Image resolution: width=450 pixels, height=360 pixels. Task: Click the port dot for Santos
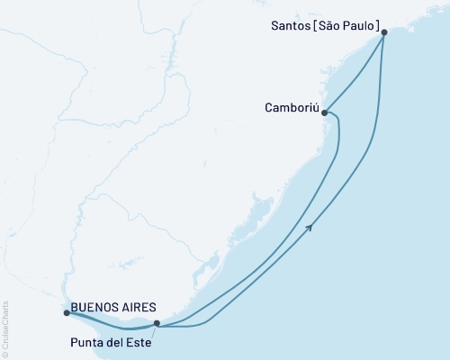point(384,32)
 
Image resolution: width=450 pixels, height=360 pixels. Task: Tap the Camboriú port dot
point(324,113)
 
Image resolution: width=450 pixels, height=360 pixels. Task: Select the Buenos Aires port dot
point(67,313)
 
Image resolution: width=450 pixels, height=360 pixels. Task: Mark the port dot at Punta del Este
point(157,323)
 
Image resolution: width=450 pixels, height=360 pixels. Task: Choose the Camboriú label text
point(290,106)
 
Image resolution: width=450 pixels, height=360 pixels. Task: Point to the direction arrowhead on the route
point(310,227)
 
